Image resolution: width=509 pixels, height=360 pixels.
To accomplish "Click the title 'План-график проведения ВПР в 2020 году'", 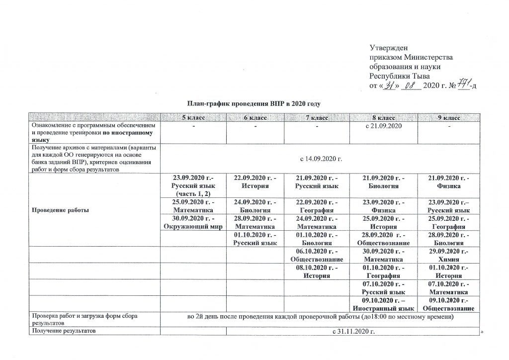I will click(255, 103).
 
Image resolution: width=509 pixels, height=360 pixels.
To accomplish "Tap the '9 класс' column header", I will click(448, 117).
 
